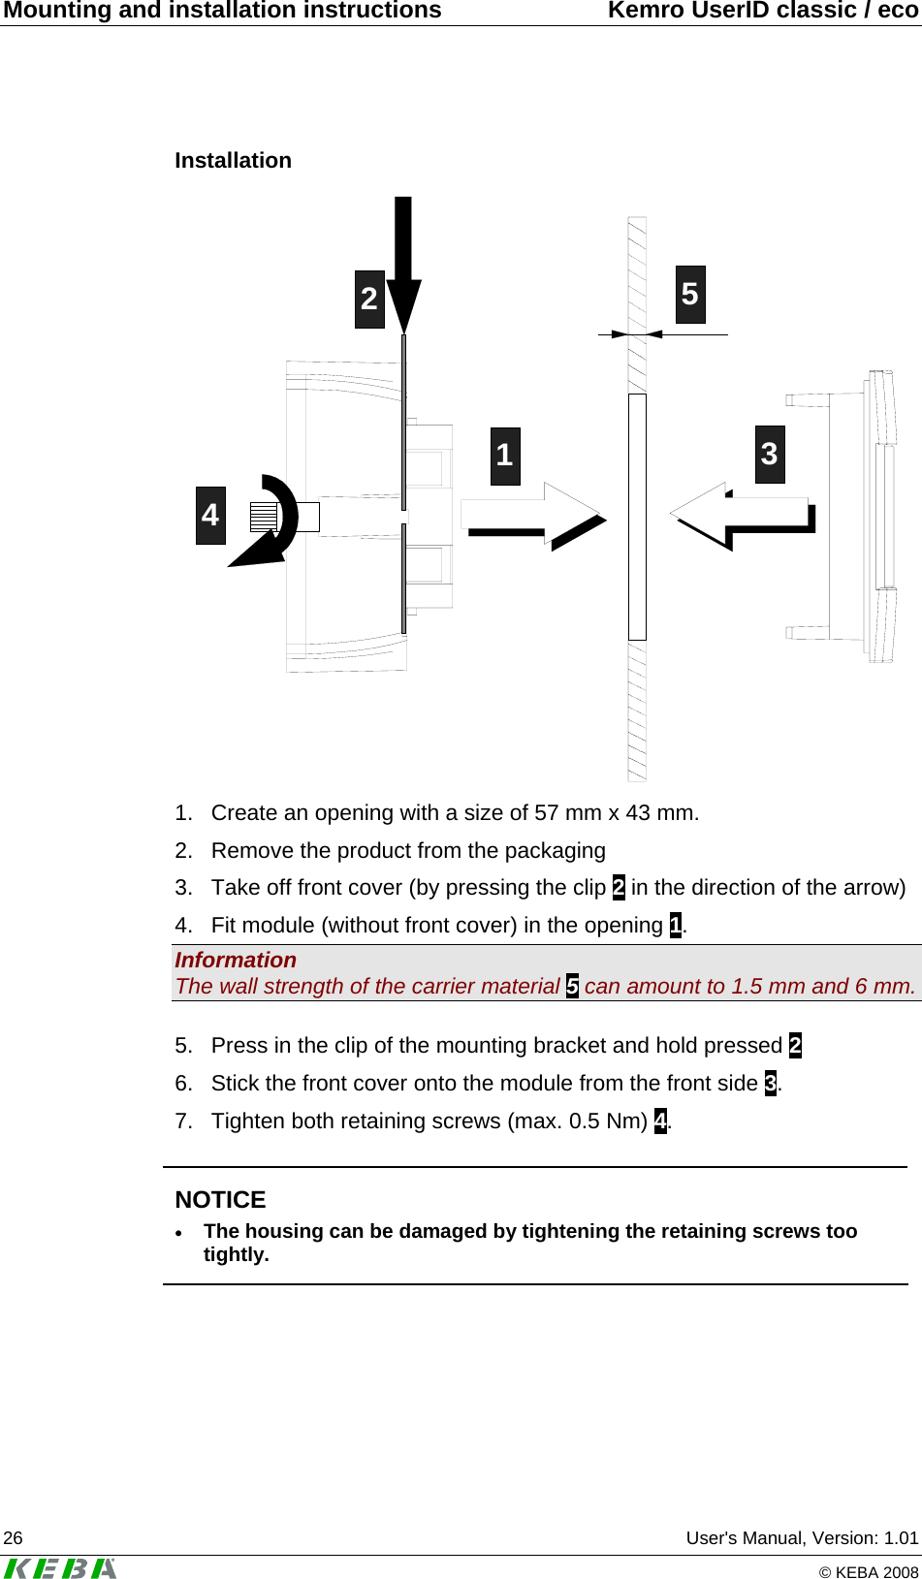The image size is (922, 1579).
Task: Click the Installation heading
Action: pyautogui.click(x=233, y=161)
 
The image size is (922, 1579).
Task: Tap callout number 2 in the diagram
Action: pyautogui.click(x=369, y=300)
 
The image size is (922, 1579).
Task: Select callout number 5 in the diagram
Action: pyautogui.click(x=690, y=295)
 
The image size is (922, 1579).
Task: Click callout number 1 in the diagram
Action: pyautogui.click(x=505, y=456)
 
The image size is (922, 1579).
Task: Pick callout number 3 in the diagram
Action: pyautogui.click(x=770, y=454)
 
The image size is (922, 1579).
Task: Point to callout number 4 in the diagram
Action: pyautogui.click(x=210, y=515)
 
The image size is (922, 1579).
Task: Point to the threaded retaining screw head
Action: pyautogui.click(x=263, y=517)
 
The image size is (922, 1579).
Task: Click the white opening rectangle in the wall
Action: pyautogui.click(x=637, y=517)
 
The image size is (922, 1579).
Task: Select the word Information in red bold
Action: pyautogui.click(x=236, y=960)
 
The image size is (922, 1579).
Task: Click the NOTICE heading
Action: pyautogui.click(x=220, y=1199)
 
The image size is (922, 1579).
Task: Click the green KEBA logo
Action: pyautogui.click(x=60, y=1567)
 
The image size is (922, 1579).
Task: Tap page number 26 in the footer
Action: pyautogui.click(x=14, y=1538)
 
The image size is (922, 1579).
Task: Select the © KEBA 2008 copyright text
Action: pyautogui.click(x=868, y=1572)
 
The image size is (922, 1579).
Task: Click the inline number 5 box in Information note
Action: pyautogui.click(x=572, y=987)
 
